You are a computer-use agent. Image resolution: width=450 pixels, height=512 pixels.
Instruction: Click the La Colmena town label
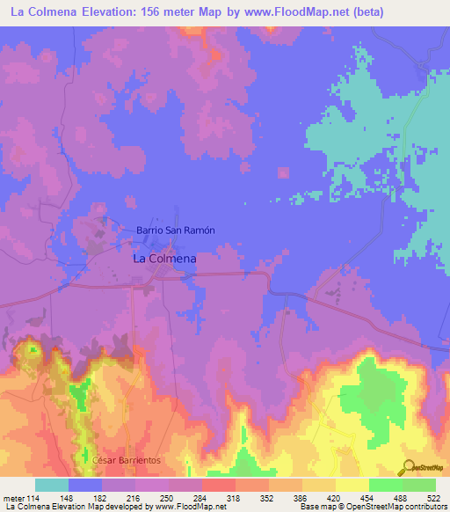(163, 260)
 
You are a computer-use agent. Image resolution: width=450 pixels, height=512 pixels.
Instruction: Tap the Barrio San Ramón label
(176, 230)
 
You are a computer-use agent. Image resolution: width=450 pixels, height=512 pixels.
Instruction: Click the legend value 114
(35, 498)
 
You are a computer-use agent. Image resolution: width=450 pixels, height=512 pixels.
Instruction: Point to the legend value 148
(69, 498)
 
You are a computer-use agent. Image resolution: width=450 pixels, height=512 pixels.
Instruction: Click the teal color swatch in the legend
(52, 485)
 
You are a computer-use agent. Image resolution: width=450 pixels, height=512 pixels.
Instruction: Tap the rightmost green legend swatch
(419, 485)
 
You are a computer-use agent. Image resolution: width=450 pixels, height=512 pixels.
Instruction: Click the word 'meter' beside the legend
(13, 498)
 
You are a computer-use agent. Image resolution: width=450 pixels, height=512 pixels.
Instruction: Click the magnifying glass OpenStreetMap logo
(409, 468)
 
